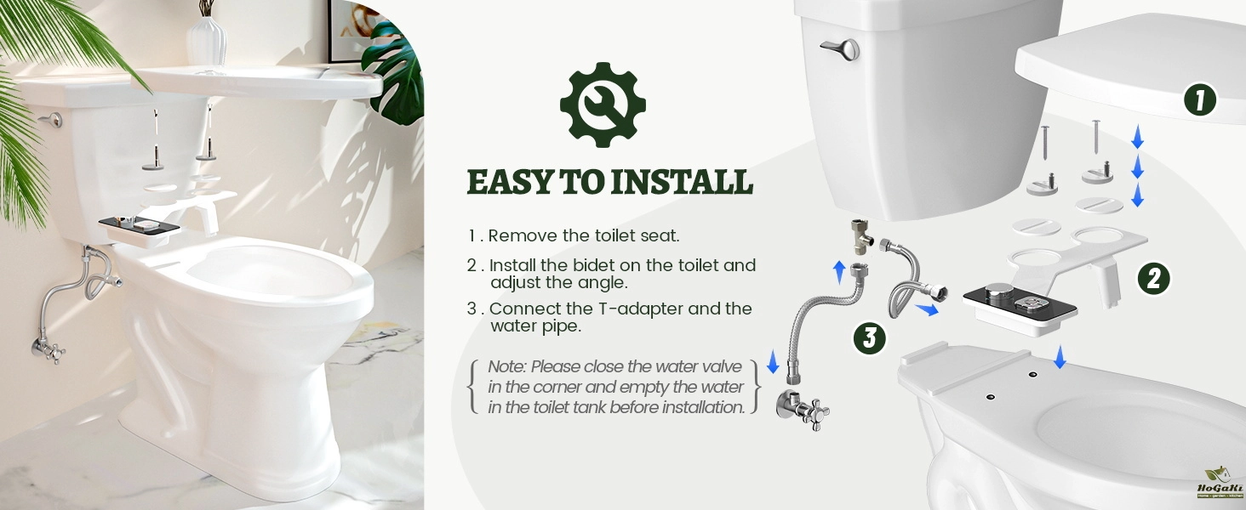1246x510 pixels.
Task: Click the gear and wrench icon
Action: click(x=603, y=105)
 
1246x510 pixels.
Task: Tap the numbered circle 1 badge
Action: click(x=1200, y=100)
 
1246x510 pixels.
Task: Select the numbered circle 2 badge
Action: click(x=1154, y=278)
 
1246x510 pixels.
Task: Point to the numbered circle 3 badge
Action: click(x=870, y=337)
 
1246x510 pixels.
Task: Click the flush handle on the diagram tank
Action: click(x=841, y=49)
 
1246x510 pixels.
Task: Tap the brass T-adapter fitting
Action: click(x=860, y=236)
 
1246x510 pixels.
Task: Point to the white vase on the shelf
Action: click(x=206, y=40)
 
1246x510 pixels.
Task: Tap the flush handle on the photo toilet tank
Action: click(x=51, y=119)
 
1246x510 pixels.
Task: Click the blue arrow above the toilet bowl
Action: click(x=1060, y=357)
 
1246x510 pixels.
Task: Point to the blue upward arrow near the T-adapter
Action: click(x=839, y=273)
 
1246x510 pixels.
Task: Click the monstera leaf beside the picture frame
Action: click(x=396, y=72)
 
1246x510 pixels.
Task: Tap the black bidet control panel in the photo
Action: click(x=139, y=225)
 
